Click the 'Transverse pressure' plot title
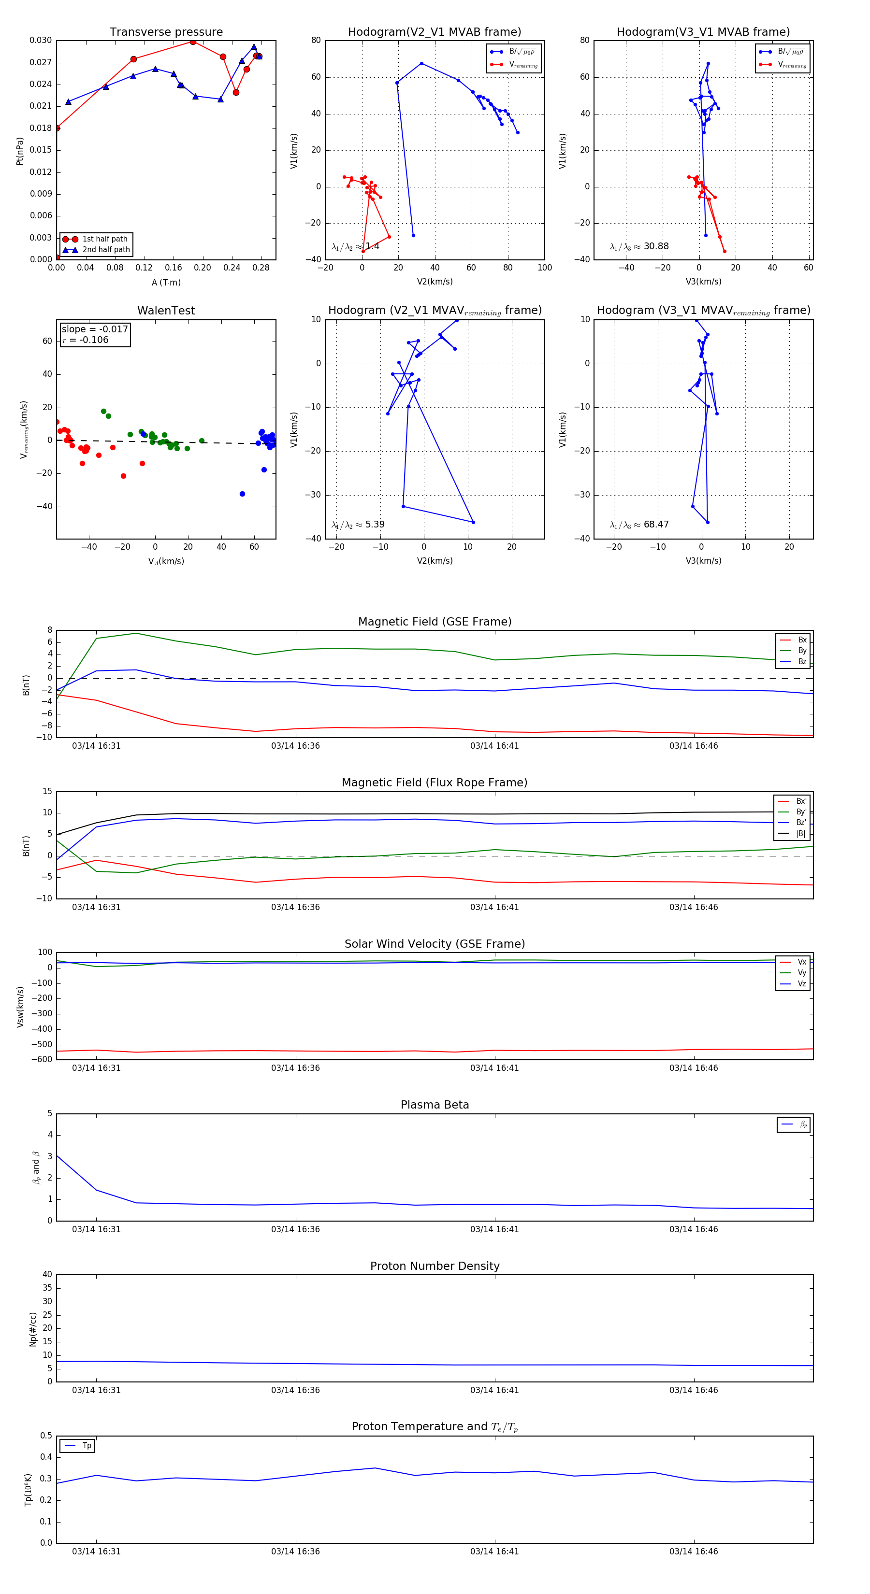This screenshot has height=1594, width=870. [x=166, y=32]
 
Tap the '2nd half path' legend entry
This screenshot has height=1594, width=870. [x=106, y=250]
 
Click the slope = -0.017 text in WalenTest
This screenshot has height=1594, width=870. [x=95, y=329]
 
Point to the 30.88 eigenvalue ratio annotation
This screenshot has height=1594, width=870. [x=656, y=246]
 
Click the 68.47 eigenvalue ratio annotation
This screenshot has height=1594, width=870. [x=656, y=525]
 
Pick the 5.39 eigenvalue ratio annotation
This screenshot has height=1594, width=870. [x=375, y=525]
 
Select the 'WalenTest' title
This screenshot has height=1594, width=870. [x=166, y=311]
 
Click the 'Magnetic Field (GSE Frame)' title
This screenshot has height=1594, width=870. [x=435, y=622]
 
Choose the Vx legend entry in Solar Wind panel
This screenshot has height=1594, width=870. [x=801, y=962]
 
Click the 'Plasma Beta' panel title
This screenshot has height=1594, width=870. [x=435, y=1105]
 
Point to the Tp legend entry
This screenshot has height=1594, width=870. [x=86, y=1446]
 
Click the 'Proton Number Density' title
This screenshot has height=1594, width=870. [x=435, y=1266]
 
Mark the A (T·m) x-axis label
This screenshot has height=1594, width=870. [x=166, y=283]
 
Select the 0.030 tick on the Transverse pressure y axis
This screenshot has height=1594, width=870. [x=41, y=41]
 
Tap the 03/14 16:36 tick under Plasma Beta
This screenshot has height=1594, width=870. [x=295, y=1229]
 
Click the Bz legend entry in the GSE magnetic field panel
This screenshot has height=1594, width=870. [x=802, y=661]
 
